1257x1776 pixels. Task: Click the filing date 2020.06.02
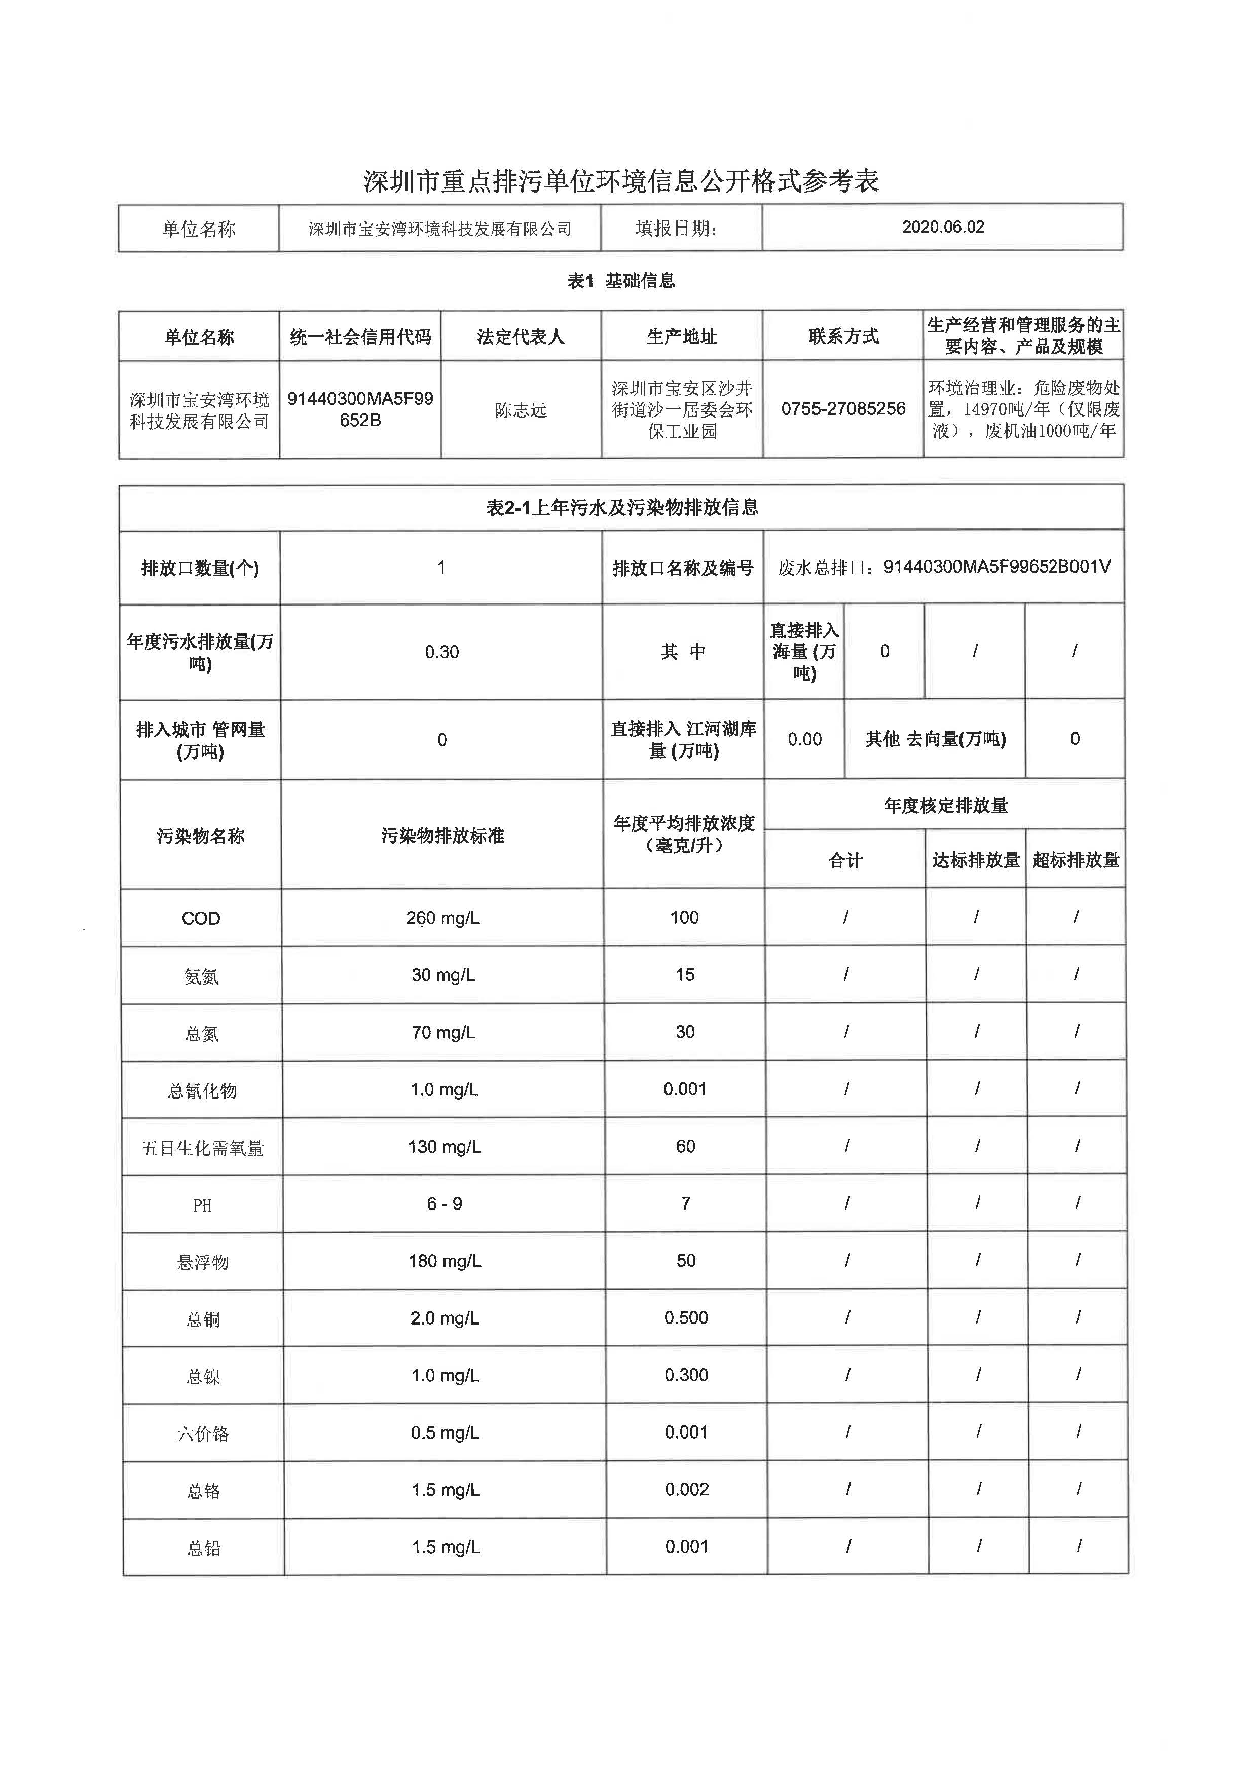coord(943,226)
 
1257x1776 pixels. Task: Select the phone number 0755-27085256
coord(843,408)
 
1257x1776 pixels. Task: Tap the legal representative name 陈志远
coord(521,410)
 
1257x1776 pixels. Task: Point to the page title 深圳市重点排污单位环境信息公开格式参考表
coord(621,181)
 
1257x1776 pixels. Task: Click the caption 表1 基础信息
coord(621,281)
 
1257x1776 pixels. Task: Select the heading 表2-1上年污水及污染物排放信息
coord(621,508)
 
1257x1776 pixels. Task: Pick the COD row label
coord(201,919)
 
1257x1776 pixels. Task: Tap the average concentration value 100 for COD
coord(684,918)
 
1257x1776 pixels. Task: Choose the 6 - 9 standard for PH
coord(445,1204)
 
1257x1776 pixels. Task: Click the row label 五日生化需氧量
coord(203,1148)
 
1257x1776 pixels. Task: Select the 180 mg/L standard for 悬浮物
coord(445,1261)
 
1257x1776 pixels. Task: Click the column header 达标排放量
coord(976,860)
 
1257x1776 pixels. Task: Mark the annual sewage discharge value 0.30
coord(442,652)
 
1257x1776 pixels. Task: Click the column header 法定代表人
coord(521,336)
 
